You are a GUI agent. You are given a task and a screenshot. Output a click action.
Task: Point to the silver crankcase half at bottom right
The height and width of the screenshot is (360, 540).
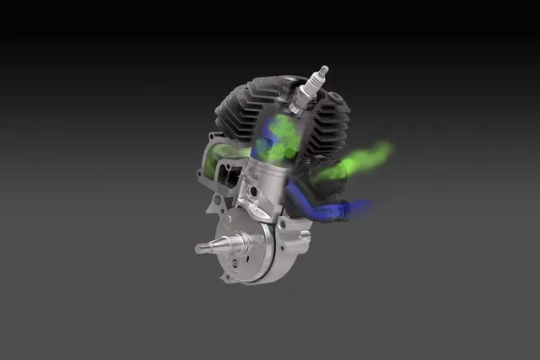pos(291,253)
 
